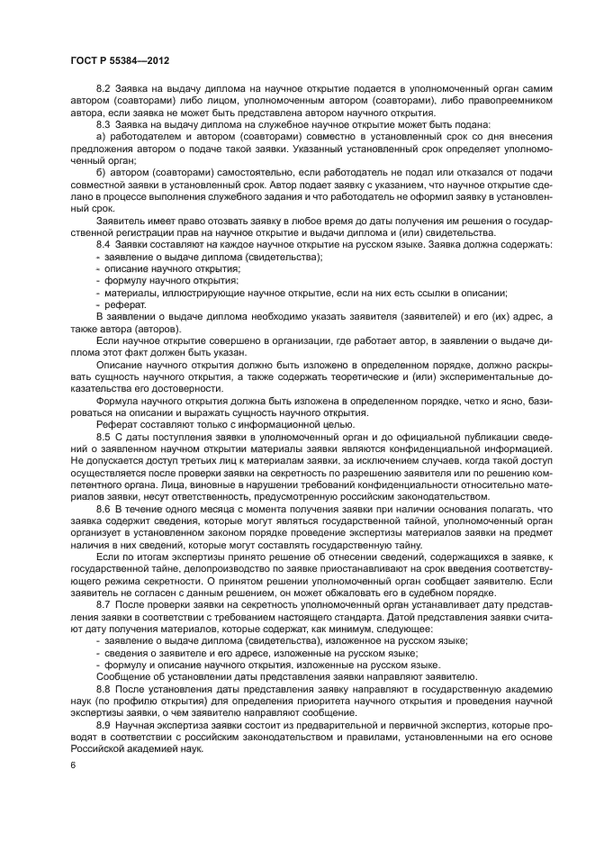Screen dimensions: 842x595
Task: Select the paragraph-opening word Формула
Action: pyautogui.click(x=117, y=400)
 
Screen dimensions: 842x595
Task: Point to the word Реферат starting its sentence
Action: pyautogui.click(x=117, y=424)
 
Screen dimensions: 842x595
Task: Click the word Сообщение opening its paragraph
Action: pyautogui.click(x=124, y=675)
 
